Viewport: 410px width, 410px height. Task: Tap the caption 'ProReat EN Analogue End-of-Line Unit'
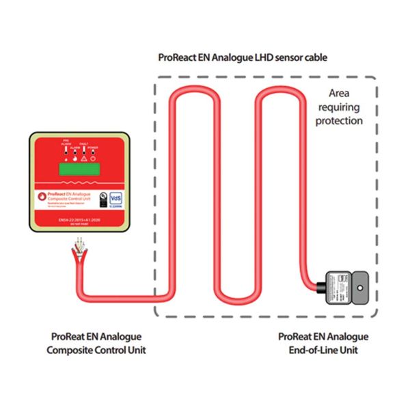point(324,344)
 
